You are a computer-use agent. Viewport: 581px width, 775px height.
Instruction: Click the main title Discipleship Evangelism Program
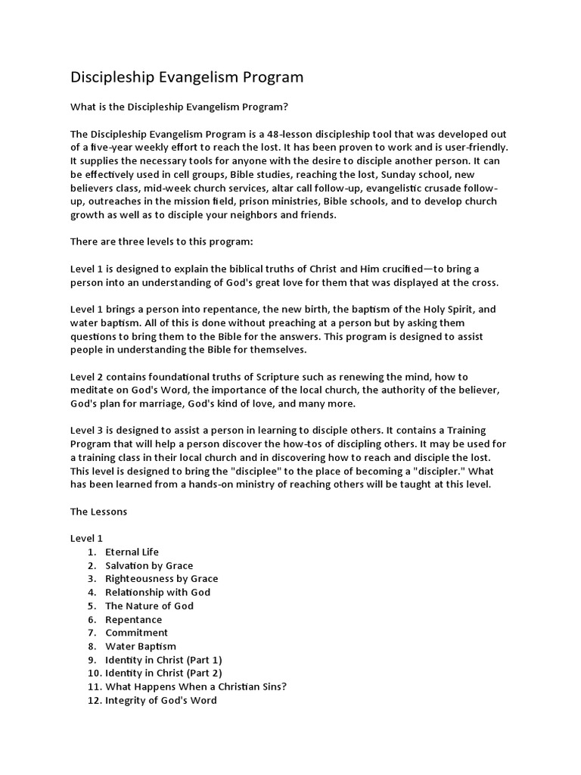187,77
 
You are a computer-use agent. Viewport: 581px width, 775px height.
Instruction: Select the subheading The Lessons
99,512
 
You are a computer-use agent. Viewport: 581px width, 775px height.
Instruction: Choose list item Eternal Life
132,552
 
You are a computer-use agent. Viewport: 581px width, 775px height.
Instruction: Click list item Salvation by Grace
149,565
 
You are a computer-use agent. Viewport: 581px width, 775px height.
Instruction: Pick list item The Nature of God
149,605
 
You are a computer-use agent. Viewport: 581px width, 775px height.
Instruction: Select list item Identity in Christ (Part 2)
163,673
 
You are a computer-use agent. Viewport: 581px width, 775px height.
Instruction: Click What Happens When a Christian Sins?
196,686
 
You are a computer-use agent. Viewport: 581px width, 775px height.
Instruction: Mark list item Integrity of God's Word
161,700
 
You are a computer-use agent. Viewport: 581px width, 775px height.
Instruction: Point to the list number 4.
92,592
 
